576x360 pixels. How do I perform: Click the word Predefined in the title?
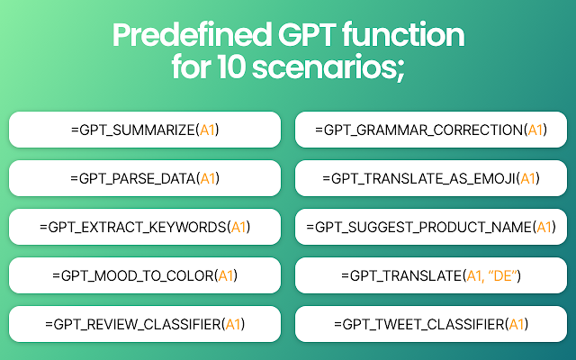point(192,34)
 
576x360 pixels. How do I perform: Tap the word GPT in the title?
point(307,34)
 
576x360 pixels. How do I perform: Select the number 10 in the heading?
point(230,67)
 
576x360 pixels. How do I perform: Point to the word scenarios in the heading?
point(324,67)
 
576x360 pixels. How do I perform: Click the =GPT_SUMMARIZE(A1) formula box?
point(145,130)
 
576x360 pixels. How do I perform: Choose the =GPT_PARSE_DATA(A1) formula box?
point(145,178)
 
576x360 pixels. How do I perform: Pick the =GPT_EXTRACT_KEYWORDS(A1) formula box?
point(145,227)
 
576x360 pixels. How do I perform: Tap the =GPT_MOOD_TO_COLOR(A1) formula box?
point(145,275)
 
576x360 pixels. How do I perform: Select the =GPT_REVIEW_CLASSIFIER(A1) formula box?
point(145,324)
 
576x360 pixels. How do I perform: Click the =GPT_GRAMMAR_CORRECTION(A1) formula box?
point(431,130)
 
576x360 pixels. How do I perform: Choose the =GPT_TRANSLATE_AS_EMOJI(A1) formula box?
point(431,178)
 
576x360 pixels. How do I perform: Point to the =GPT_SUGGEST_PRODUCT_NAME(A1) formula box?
point(431,227)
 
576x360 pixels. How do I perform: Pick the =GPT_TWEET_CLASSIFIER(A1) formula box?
point(431,324)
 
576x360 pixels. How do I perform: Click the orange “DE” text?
point(503,275)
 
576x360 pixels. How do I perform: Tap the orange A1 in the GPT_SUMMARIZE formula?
point(207,130)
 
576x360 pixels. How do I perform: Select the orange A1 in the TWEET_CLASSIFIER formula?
point(517,324)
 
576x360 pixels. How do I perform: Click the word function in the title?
point(403,34)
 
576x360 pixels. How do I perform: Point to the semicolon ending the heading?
point(401,70)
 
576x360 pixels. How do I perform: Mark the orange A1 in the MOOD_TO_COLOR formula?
point(226,275)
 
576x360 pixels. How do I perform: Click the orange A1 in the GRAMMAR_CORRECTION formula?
point(535,130)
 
